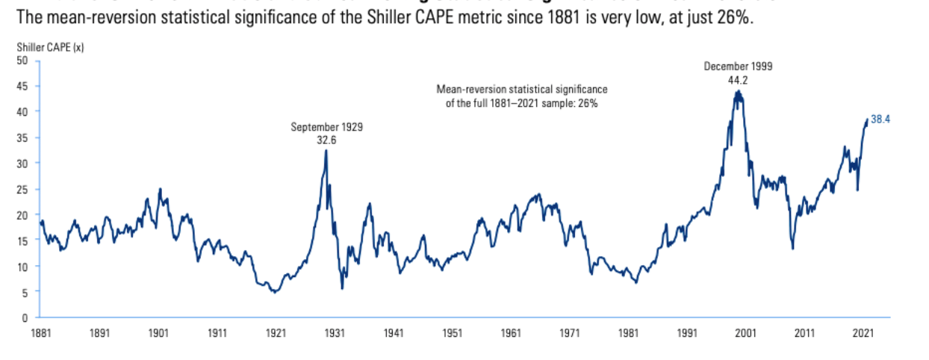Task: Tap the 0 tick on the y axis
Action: (x=24, y=317)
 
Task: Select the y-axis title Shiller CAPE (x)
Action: (x=49, y=47)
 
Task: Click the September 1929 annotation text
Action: (x=326, y=127)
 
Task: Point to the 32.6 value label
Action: (x=326, y=139)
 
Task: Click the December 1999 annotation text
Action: (x=738, y=66)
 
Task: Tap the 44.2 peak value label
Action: (x=738, y=78)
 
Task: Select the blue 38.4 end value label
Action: (x=881, y=120)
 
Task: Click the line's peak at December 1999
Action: (x=738, y=91)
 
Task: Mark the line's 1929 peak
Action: (x=326, y=150)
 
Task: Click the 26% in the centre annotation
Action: (x=588, y=104)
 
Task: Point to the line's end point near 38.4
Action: (x=867, y=120)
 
